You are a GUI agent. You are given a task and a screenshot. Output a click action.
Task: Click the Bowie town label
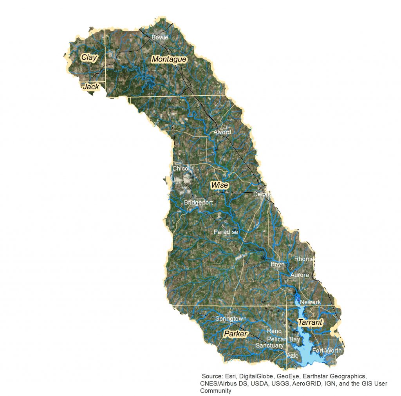(x=160, y=38)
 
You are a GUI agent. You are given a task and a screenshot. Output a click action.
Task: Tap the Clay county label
(x=89, y=58)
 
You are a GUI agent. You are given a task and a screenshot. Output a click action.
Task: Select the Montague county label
(x=169, y=60)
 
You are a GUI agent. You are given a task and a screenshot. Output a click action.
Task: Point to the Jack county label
(x=91, y=87)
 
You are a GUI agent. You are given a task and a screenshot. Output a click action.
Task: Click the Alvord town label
(x=222, y=132)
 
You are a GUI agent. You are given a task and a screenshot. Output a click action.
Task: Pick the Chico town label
(x=180, y=168)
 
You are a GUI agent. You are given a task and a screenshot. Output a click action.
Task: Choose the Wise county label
(x=219, y=185)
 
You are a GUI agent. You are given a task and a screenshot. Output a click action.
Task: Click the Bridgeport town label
(x=199, y=203)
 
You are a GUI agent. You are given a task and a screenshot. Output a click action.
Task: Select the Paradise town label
(x=226, y=232)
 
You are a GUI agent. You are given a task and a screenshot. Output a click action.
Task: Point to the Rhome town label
(x=304, y=259)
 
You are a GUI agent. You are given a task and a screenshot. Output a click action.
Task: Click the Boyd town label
(x=278, y=265)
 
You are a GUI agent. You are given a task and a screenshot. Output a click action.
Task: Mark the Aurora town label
(x=300, y=275)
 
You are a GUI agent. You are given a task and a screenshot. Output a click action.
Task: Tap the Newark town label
(x=310, y=302)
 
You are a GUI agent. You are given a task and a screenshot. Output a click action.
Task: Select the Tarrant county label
(x=310, y=323)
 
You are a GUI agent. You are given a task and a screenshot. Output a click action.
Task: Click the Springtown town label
(x=231, y=319)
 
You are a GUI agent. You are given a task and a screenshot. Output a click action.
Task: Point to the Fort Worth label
(x=327, y=350)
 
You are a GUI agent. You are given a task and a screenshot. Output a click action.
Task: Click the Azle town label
(x=293, y=356)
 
